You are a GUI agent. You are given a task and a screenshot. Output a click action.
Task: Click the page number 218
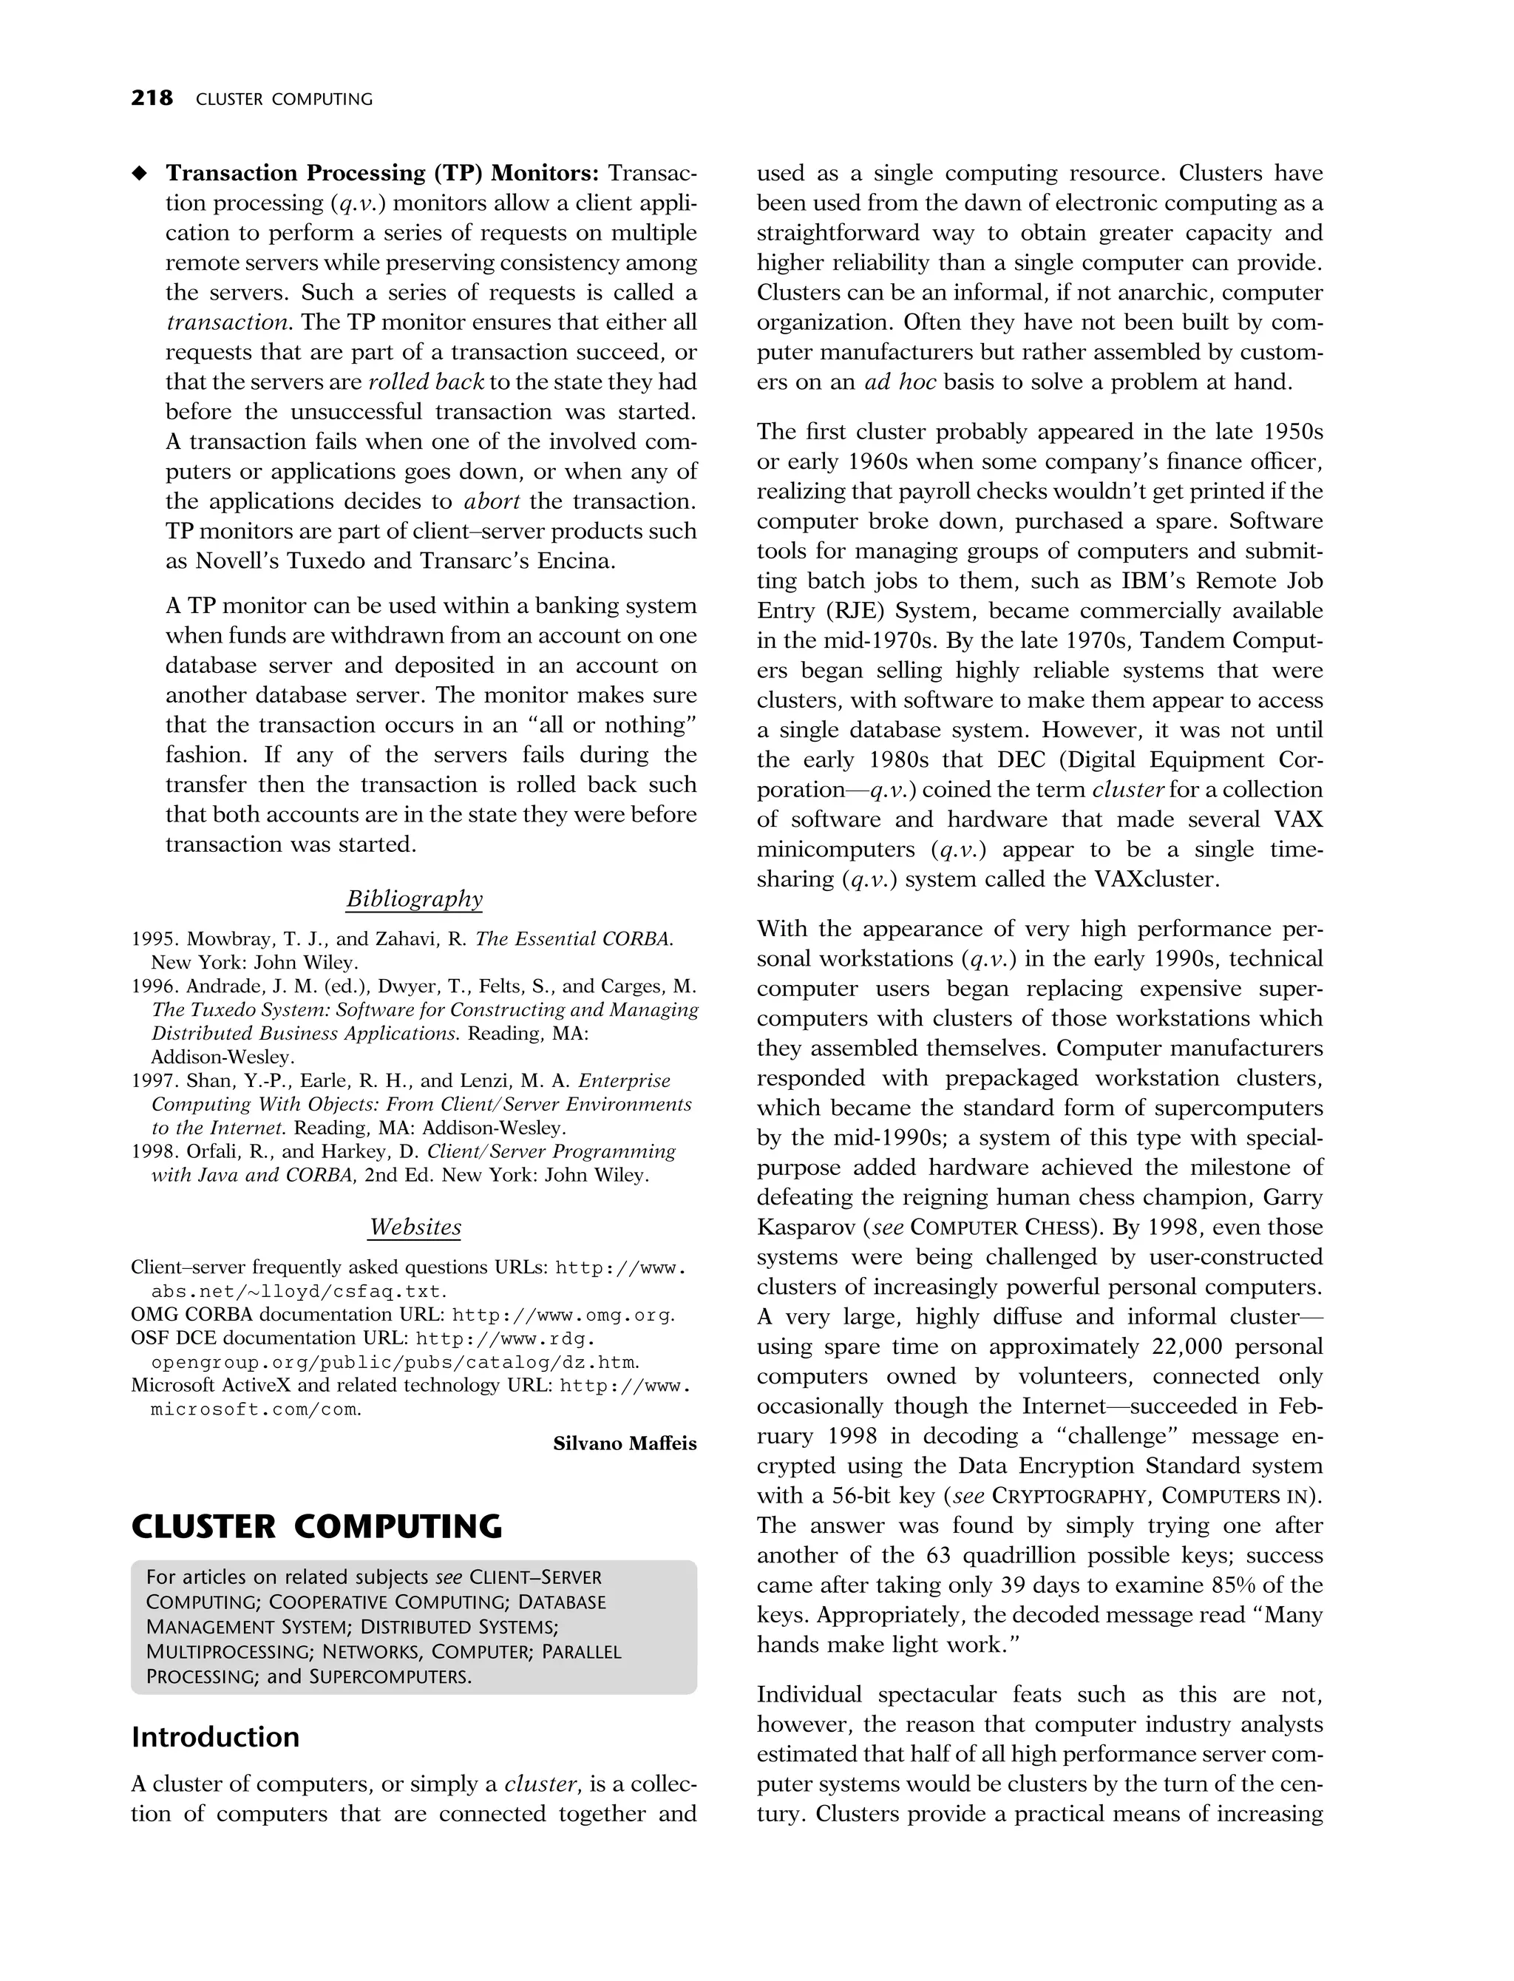coord(152,98)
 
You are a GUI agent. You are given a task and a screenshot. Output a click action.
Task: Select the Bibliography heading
coord(415,898)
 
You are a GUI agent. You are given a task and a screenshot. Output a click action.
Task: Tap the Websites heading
coord(415,1227)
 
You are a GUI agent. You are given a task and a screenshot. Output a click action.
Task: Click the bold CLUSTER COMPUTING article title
coord(316,1527)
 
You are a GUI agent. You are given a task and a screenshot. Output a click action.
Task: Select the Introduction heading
coord(215,1737)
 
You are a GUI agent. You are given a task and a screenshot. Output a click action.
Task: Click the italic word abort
coord(492,501)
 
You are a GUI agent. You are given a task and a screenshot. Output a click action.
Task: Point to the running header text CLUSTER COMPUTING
coord(284,99)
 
